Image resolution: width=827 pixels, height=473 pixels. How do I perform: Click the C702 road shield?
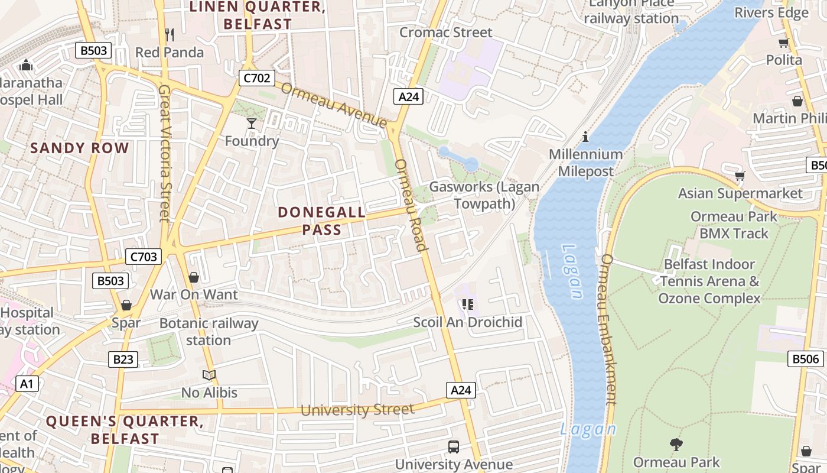[257, 78]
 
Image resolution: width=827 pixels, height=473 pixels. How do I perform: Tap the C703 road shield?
[144, 257]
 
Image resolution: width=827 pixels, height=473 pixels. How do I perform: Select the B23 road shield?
[123, 359]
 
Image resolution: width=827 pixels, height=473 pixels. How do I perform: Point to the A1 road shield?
[26, 384]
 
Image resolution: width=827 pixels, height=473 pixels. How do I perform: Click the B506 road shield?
[805, 358]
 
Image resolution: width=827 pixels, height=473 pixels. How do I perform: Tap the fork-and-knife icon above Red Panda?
[170, 35]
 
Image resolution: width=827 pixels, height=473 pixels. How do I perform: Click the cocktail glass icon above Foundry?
[252, 124]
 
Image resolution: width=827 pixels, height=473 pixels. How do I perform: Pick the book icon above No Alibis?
[209, 375]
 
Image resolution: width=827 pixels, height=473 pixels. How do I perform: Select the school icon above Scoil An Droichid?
[468, 304]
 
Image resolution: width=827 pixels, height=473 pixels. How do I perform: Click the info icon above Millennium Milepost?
[585, 137]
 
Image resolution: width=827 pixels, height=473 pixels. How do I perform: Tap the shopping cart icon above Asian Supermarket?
[740, 176]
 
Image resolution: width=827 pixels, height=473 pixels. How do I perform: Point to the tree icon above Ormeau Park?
[676, 444]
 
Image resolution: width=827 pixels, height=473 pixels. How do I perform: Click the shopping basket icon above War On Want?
[193, 277]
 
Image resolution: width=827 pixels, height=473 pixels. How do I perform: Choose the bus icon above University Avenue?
[454, 447]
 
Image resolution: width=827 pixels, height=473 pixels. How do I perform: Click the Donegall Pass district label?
[322, 221]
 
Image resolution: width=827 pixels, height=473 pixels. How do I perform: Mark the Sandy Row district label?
[80, 148]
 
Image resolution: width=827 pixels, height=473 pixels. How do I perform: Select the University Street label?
[357, 410]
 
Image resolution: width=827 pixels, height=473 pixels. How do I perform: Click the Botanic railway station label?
[209, 332]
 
